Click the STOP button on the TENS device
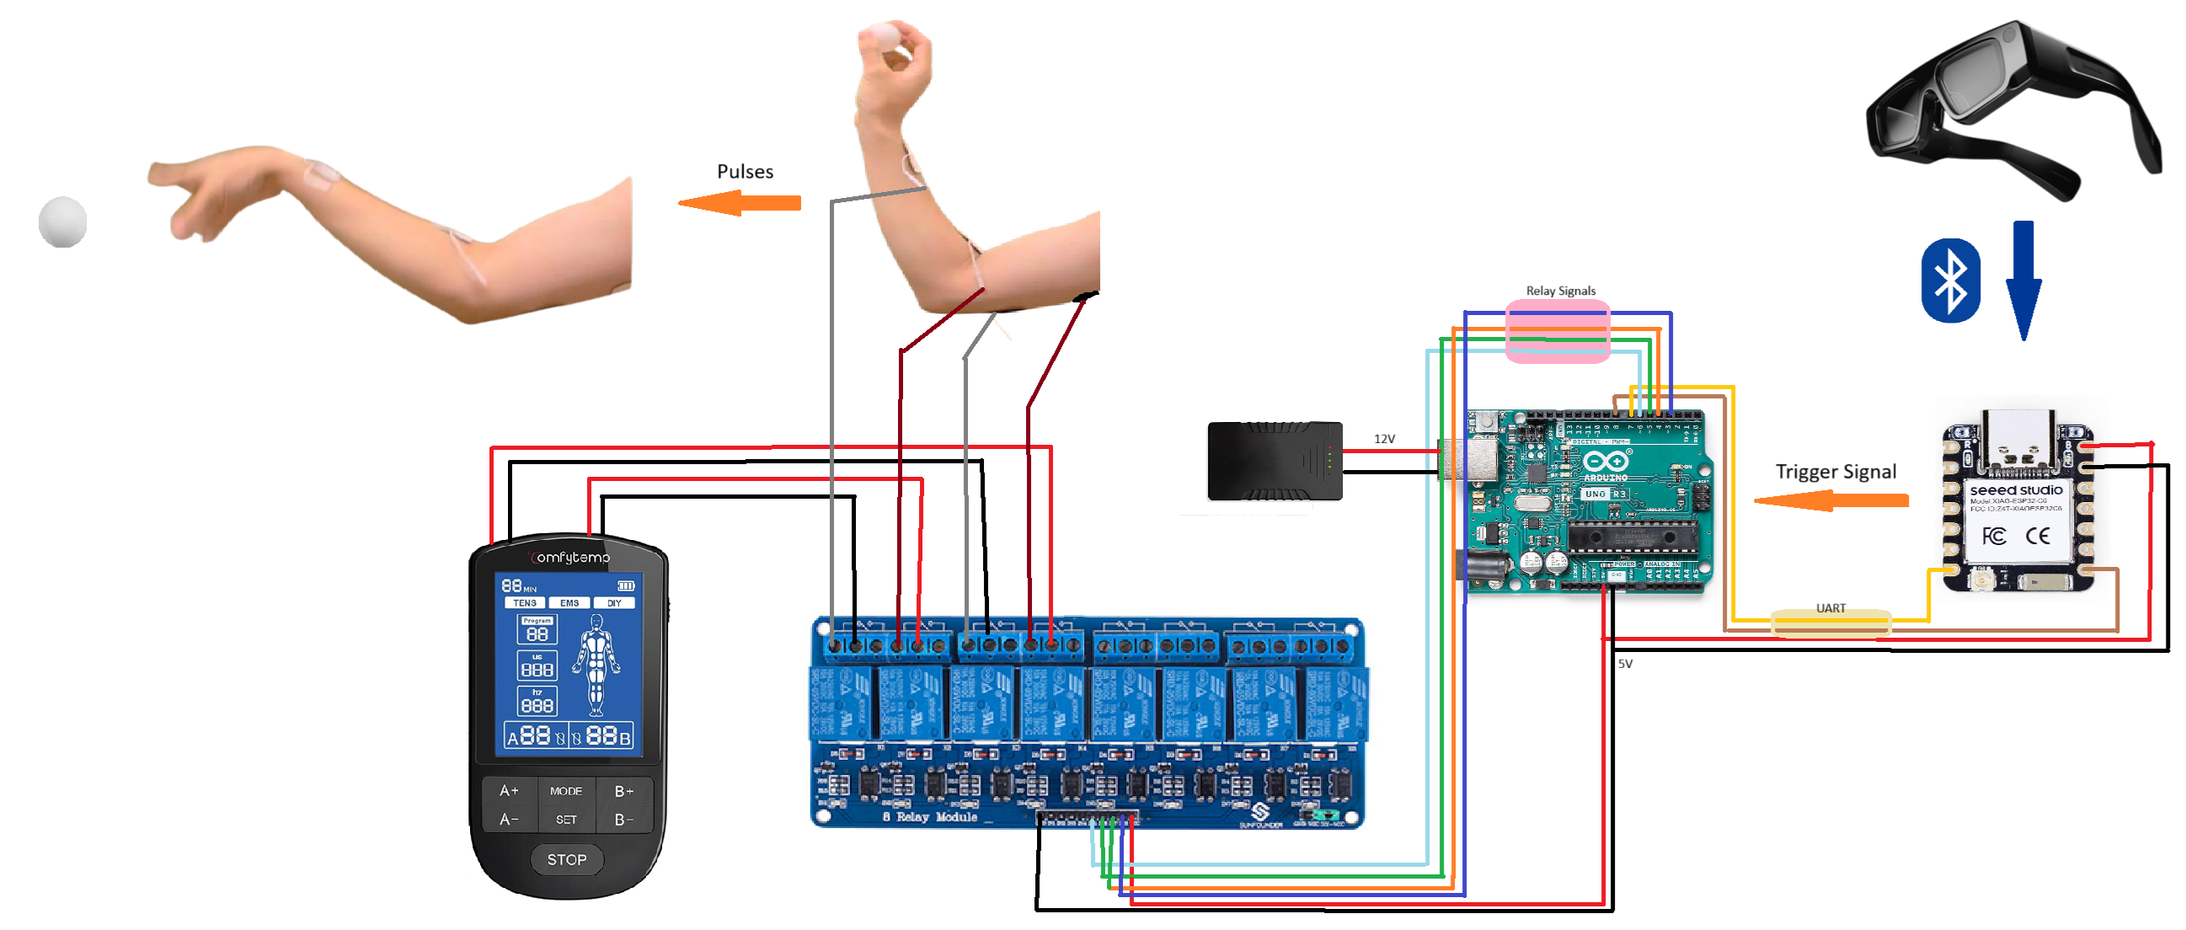pos(566,859)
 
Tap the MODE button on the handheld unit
pos(566,791)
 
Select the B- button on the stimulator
pos(623,820)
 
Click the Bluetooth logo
pos(1950,281)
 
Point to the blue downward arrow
pos(2024,280)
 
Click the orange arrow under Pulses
pos(739,203)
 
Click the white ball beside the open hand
pos(63,222)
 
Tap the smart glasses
pos(2011,110)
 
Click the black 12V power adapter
pos(1274,461)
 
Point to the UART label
pos(1831,608)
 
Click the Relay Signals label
pos(1560,291)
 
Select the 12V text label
pos(1384,439)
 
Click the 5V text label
pos(1624,664)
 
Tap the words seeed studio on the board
pos(2016,490)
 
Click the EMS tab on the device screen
pos(569,603)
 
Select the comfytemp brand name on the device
pos(570,558)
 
